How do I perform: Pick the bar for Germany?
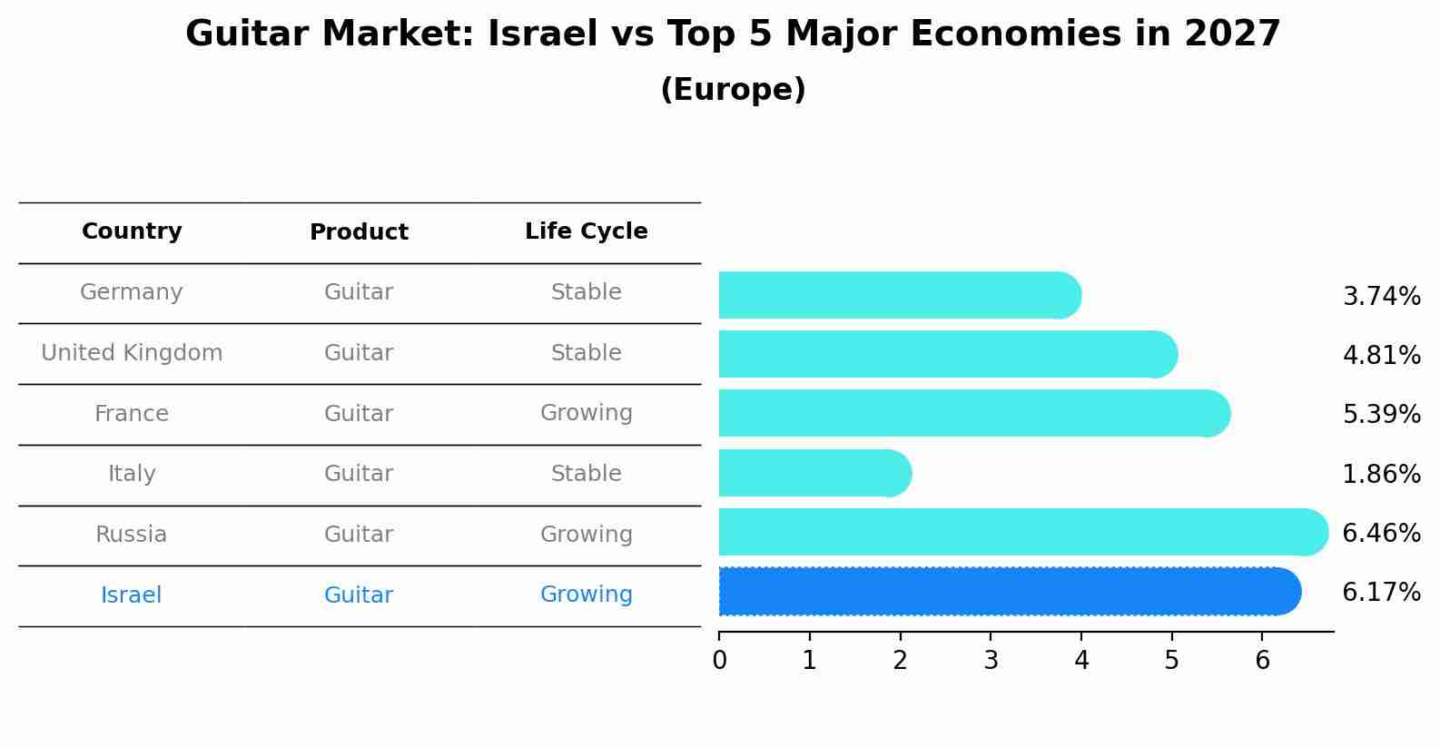899,295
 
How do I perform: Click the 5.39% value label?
1381,415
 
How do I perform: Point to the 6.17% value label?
1381,593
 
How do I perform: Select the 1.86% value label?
1381,474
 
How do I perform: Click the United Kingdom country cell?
132,353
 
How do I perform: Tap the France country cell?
132,414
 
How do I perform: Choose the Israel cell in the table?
132,595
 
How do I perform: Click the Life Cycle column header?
586,231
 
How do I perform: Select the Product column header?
359,232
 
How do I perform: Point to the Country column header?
132,231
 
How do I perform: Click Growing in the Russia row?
586,535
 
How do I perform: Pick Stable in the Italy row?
586,474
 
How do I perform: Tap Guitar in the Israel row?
359,595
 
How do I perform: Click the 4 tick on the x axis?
1080,661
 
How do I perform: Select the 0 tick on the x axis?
719,661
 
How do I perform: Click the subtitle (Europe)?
733,90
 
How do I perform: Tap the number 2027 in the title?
1232,34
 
